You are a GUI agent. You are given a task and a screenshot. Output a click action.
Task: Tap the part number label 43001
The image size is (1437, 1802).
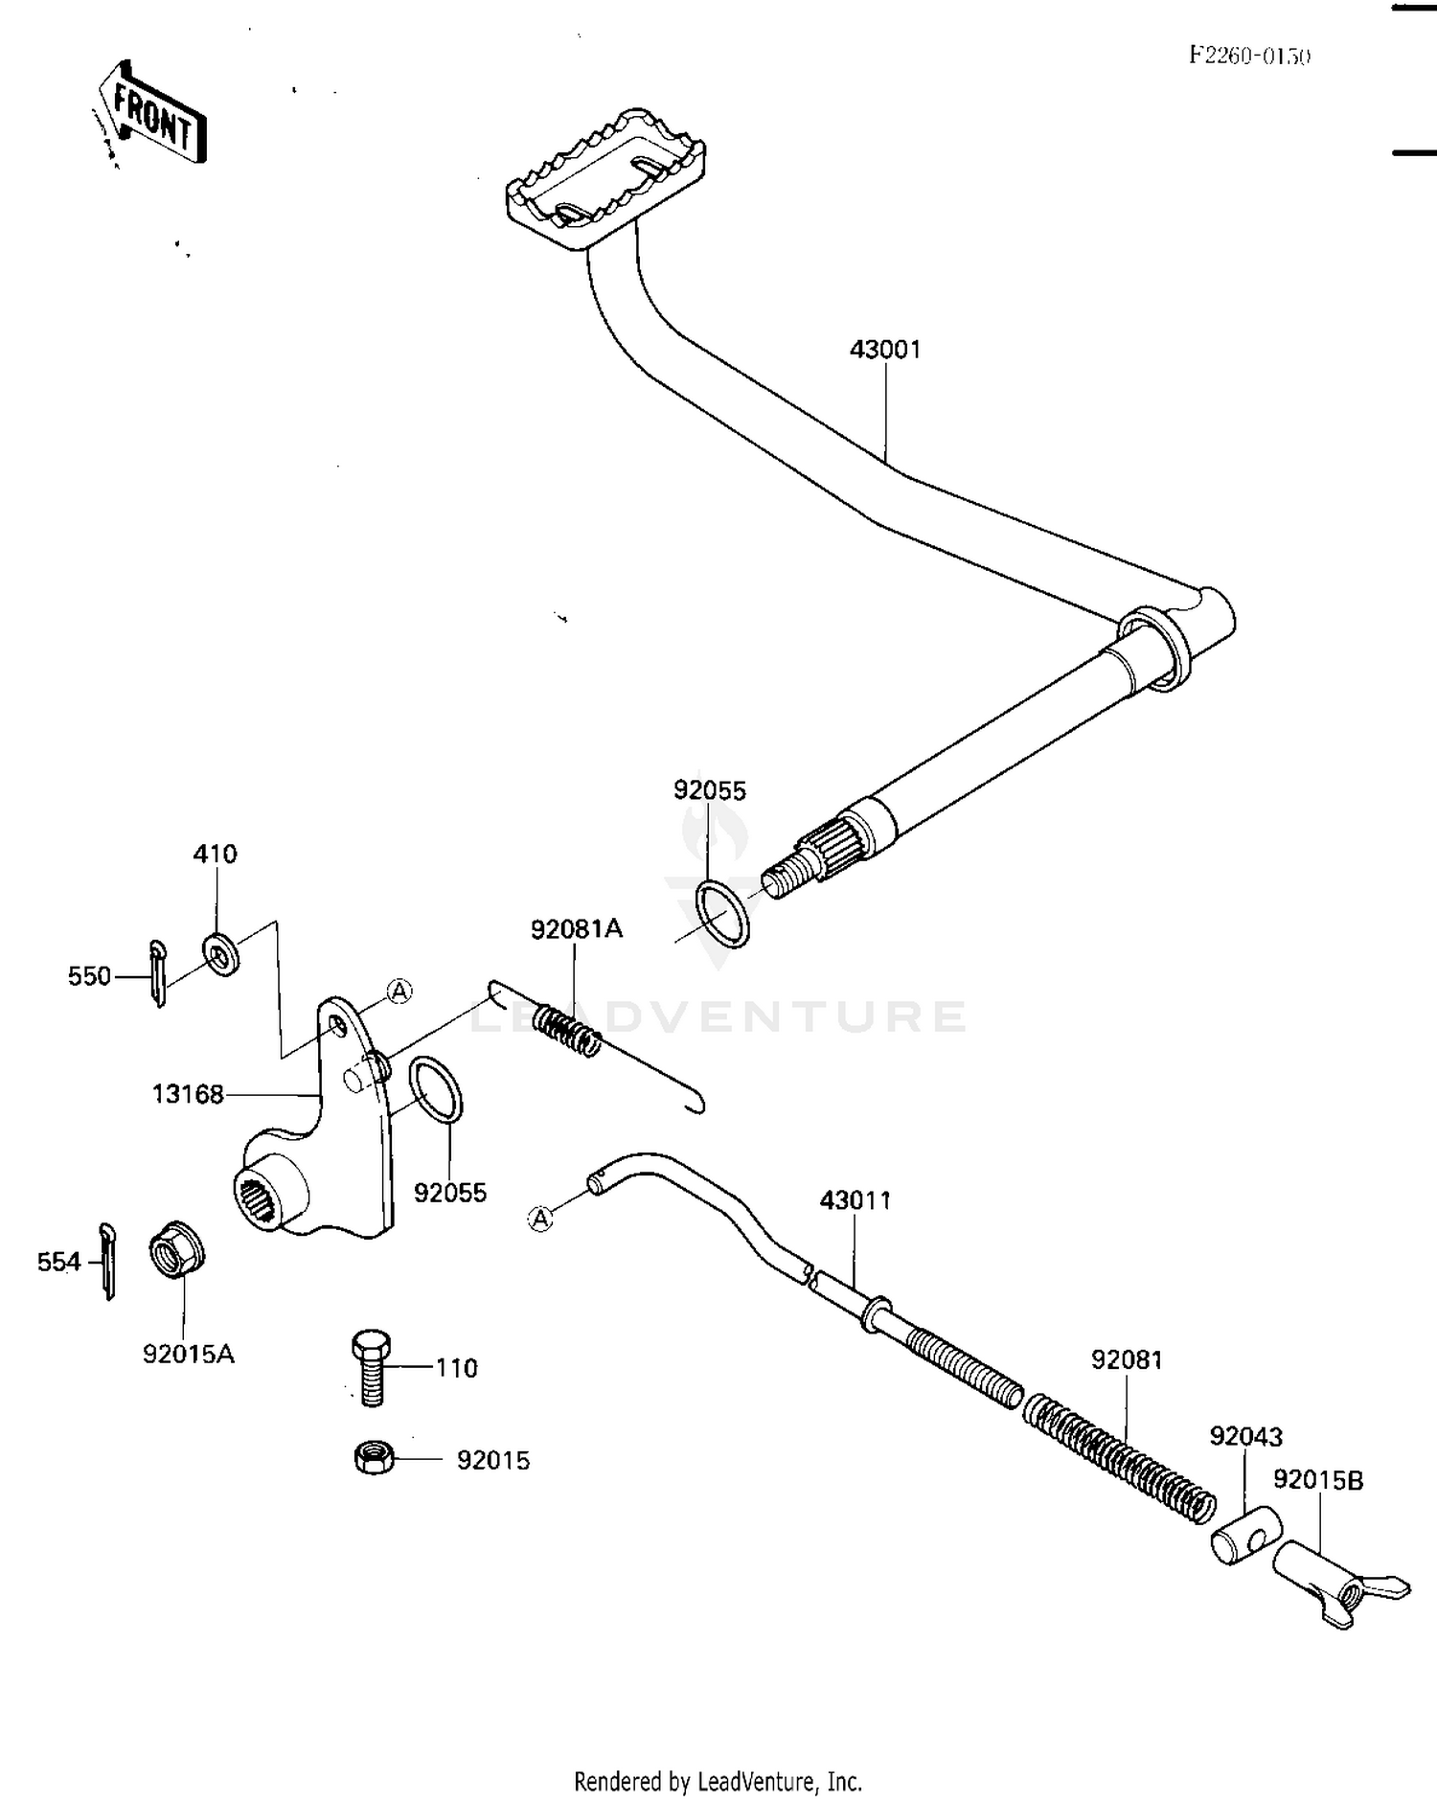point(885,350)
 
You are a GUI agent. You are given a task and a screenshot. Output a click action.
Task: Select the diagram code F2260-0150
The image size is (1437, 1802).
point(1249,56)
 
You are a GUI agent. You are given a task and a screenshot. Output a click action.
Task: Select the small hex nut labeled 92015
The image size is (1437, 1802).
point(374,1458)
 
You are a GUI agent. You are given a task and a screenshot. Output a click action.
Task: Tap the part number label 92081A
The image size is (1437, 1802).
point(577,928)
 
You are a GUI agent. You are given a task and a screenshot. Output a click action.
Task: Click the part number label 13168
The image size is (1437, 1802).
point(188,1093)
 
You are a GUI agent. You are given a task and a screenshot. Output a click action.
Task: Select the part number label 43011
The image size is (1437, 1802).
point(855,1200)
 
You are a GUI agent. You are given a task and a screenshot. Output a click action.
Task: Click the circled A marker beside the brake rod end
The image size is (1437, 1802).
point(541,1219)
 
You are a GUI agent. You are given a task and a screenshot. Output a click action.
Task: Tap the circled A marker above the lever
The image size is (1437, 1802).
point(399,992)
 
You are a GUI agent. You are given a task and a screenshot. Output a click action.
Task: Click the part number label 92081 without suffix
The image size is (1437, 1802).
point(1127,1360)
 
